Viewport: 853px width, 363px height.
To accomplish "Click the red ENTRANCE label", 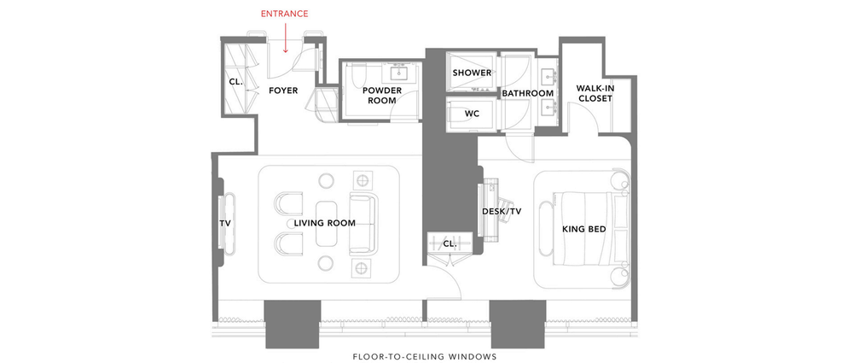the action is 284,14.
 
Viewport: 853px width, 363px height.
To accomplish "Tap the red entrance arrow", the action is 286,40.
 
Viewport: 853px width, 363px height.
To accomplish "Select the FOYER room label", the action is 283,90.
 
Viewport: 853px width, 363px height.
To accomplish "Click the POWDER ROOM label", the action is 381,95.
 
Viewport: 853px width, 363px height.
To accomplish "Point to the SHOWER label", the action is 472,73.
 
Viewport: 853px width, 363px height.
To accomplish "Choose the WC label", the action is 473,113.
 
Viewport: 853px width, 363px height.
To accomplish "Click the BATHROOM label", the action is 528,93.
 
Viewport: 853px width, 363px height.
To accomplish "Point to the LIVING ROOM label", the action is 324,223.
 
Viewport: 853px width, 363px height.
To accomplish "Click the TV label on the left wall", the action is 225,223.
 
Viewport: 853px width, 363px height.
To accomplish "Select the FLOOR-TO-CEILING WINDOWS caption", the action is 424,356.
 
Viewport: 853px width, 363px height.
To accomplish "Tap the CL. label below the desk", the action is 450,243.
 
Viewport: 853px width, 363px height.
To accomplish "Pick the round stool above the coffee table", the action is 327,181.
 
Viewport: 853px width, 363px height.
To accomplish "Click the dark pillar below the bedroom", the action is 517,324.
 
